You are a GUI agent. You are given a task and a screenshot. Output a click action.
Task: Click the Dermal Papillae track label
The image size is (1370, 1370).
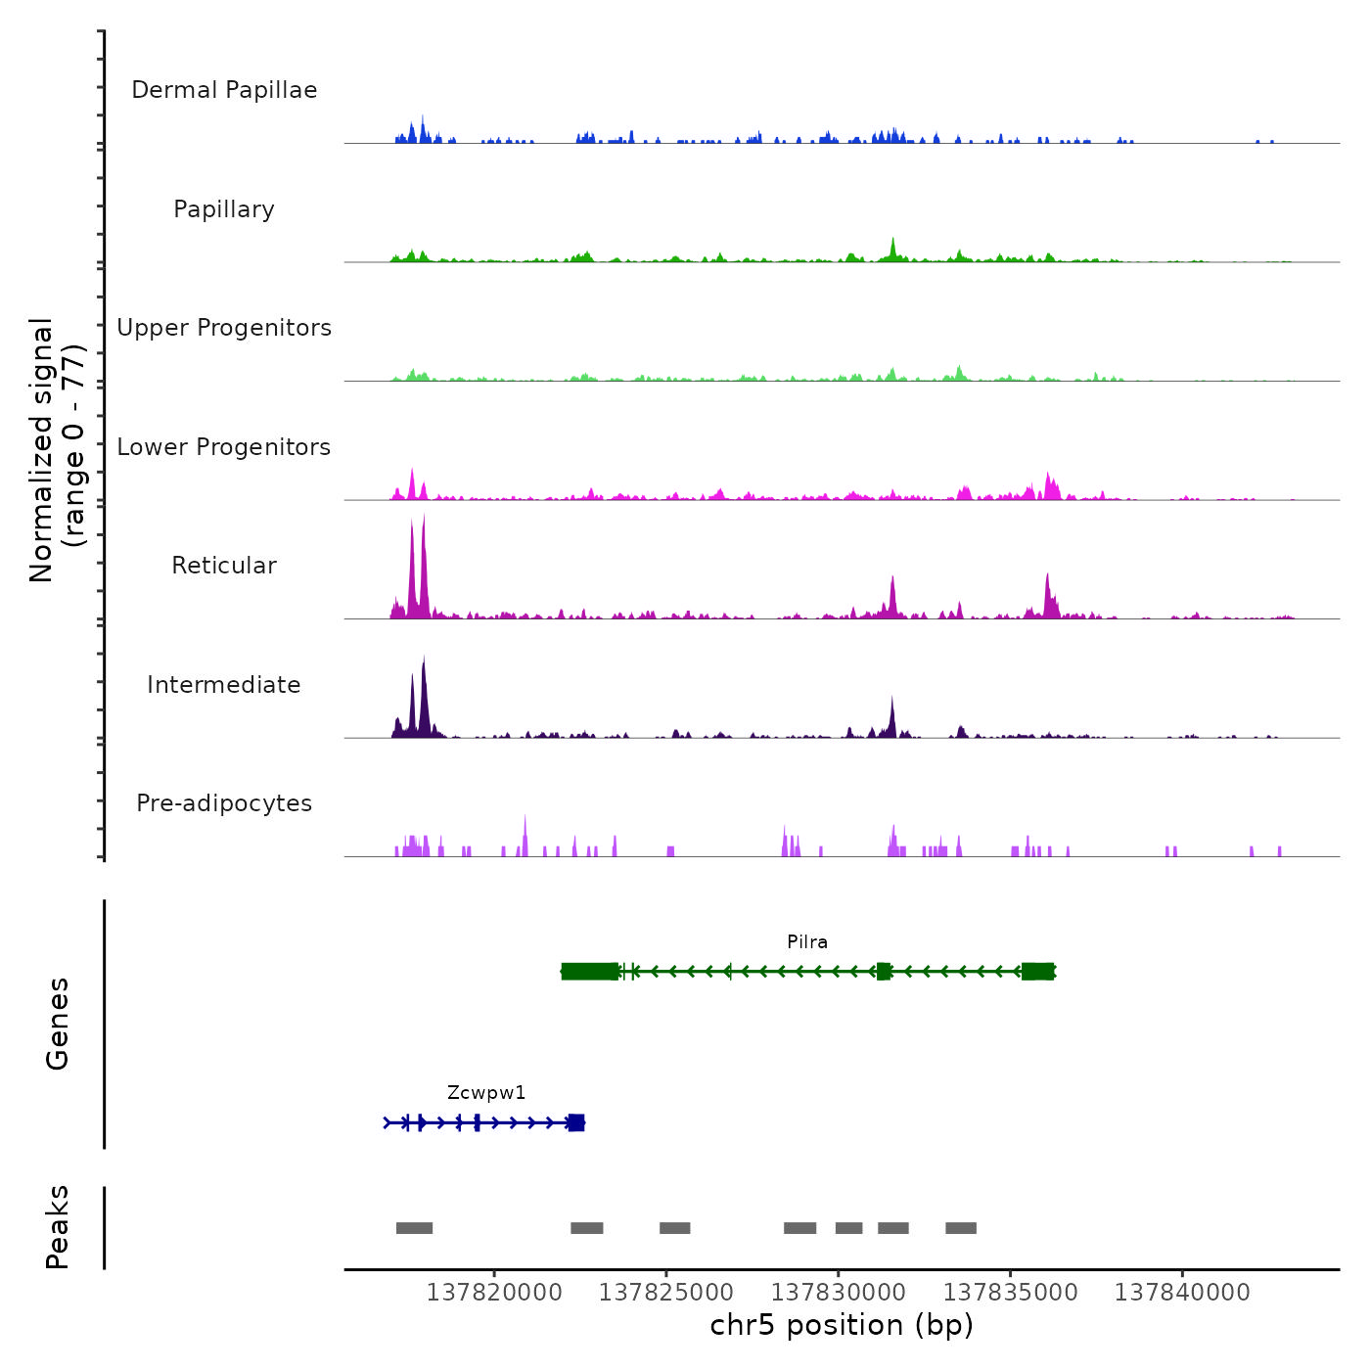point(224,90)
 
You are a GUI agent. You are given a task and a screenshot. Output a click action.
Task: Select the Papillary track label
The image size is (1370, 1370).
point(224,209)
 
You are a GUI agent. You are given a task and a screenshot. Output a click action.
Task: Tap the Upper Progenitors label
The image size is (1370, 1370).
point(224,328)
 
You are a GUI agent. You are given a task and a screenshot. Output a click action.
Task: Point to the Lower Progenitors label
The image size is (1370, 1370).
point(224,447)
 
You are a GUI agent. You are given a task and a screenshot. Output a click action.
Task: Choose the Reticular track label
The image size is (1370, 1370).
point(224,566)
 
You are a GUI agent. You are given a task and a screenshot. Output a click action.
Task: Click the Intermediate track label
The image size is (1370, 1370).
point(224,685)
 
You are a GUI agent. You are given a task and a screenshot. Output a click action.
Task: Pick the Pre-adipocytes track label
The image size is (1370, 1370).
point(224,803)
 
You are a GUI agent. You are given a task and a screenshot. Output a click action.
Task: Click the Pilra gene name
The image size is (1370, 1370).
point(807,942)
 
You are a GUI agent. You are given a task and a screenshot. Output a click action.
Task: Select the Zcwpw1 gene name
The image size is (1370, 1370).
point(486,1093)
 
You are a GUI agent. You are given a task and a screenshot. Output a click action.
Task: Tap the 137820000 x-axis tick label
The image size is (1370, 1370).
point(494,1293)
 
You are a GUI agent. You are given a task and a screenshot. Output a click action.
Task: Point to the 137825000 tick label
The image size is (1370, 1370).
point(666,1293)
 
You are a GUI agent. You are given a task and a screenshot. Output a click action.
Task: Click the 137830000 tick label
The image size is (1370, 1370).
point(839,1293)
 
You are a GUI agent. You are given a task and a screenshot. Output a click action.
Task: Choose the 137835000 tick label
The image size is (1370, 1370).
point(1010,1293)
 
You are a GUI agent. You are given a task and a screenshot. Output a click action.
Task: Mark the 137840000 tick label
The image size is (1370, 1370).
point(1182,1293)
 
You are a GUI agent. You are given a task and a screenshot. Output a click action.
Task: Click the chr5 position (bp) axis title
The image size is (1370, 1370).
point(842,1325)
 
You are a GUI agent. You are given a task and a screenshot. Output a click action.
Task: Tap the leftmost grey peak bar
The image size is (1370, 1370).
point(414,1228)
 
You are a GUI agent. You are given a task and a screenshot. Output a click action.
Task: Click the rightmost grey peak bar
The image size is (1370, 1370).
point(961,1228)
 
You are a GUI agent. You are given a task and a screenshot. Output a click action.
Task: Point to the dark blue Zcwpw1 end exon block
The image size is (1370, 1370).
point(576,1122)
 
